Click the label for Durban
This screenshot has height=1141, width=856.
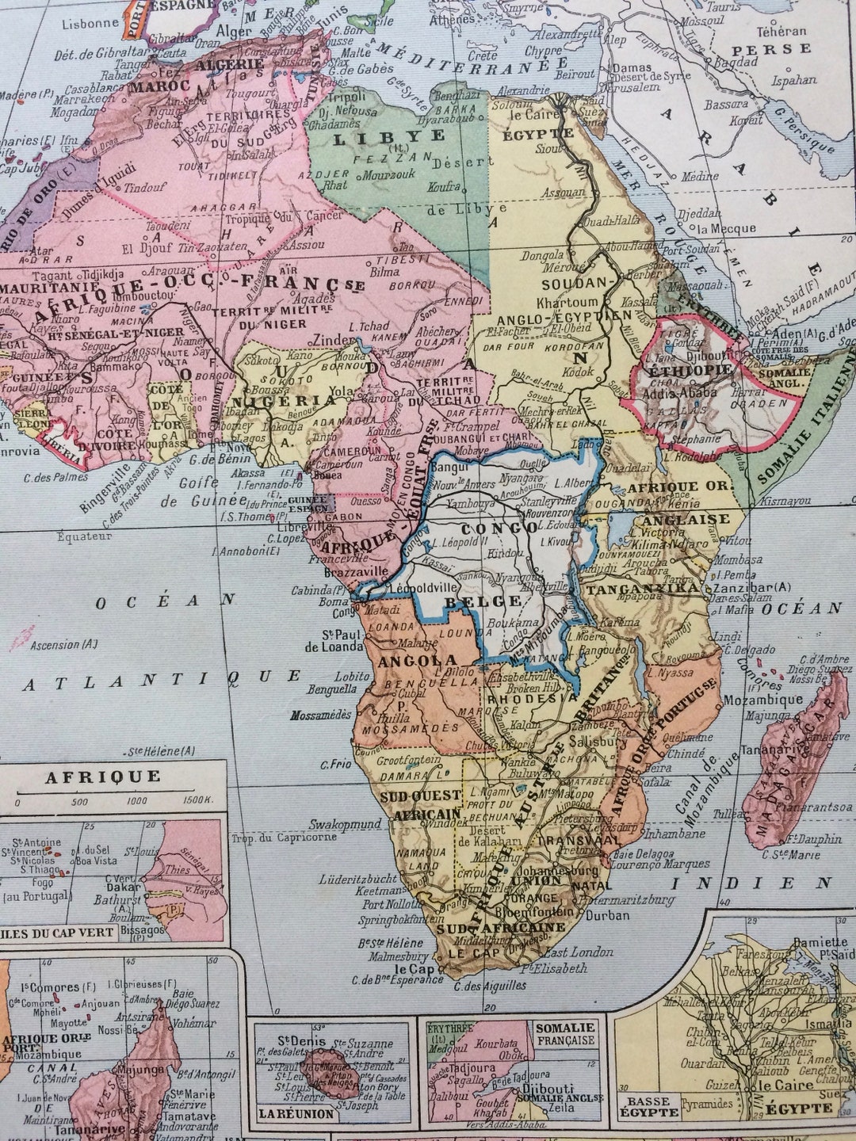click(x=608, y=914)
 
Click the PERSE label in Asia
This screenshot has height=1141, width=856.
click(x=772, y=49)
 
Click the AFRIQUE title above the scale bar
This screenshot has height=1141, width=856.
click(x=102, y=776)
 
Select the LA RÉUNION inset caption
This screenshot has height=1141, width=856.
click(x=295, y=1113)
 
